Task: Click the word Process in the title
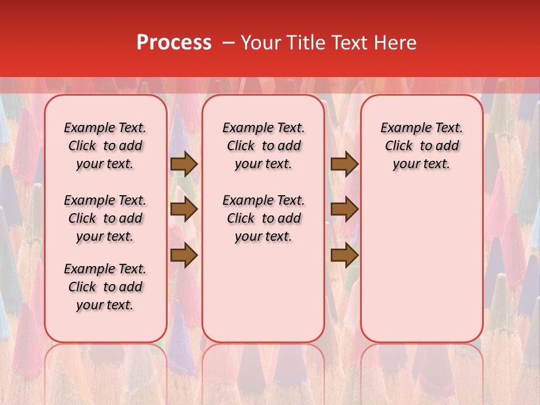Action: tap(174, 43)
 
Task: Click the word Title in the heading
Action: tap(300, 43)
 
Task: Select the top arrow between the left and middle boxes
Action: tap(184, 164)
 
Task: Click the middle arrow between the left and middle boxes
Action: tap(184, 210)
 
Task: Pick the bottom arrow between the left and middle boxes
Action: tap(184, 256)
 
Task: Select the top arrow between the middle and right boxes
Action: tap(344, 164)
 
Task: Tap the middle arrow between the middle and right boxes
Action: tap(344, 210)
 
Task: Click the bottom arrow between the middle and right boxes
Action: tap(344, 256)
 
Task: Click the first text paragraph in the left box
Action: tap(105, 146)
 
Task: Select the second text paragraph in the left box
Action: tap(105, 218)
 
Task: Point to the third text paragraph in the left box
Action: tap(105, 287)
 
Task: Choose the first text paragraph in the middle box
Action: tap(264, 146)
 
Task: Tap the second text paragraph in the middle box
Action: tap(264, 218)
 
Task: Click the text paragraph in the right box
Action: tap(422, 146)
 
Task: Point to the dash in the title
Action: tap(229, 43)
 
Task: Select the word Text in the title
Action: tap(345, 43)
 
